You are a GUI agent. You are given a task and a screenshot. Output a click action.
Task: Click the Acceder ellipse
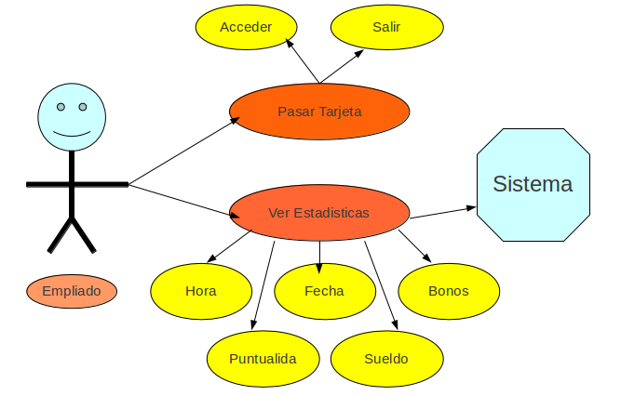pyautogui.click(x=246, y=27)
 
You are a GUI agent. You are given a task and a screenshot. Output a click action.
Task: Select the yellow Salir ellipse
pyautogui.click(x=385, y=27)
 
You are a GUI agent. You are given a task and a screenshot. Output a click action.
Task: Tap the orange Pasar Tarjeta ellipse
pyautogui.click(x=319, y=112)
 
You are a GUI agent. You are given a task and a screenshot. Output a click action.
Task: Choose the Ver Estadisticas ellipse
pyautogui.click(x=318, y=213)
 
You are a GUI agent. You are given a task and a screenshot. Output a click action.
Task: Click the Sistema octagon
pyautogui.click(x=533, y=184)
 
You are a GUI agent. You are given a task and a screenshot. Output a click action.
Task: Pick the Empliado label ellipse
pyautogui.click(x=72, y=291)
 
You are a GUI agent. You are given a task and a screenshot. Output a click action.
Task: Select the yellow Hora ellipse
pyautogui.click(x=200, y=291)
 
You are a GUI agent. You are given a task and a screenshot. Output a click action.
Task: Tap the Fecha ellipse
pyautogui.click(x=324, y=291)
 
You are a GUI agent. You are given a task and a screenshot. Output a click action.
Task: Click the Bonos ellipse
pyautogui.click(x=448, y=291)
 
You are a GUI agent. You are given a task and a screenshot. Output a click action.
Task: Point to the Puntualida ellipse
pyautogui.click(x=263, y=359)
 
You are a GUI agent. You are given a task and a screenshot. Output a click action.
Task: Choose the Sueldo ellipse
pyautogui.click(x=385, y=359)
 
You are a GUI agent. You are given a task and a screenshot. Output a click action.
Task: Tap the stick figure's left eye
pyautogui.click(x=61, y=107)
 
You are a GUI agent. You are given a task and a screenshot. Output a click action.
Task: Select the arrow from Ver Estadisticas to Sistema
pyautogui.click(x=443, y=213)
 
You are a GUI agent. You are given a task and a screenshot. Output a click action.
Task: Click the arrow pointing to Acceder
pyautogui.click(x=303, y=61)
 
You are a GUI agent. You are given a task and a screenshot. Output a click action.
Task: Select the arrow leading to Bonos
pyautogui.click(x=415, y=245)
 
